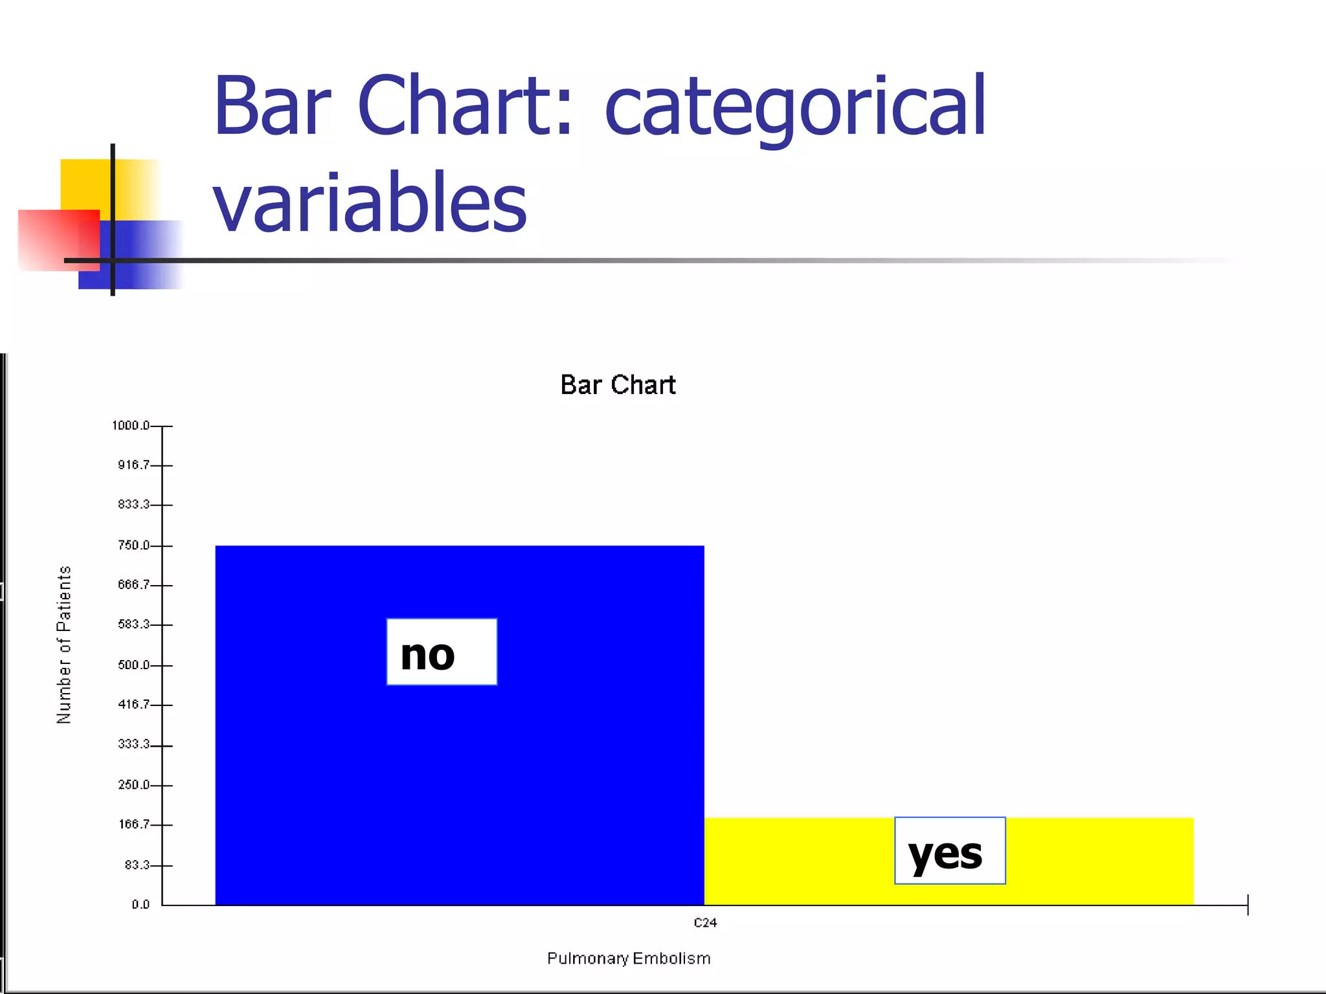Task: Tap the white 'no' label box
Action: tap(442, 652)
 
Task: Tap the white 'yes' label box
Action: tap(950, 850)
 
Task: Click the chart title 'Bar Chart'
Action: tap(618, 385)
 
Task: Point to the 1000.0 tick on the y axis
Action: tap(131, 425)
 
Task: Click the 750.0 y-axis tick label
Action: tap(133, 545)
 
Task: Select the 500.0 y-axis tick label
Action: tap(133, 665)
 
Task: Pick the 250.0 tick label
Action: tap(133, 784)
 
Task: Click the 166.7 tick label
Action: tap(133, 824)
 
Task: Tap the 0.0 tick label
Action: tap(140, 904)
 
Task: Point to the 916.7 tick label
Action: tap(133, 465)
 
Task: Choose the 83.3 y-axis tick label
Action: tap(137, 865)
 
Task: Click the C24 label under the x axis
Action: tap(705, 923)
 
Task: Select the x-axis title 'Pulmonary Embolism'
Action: tap(629, 958)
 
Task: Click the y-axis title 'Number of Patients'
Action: tap(64, 645)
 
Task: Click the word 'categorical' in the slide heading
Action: tap(794, 107)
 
